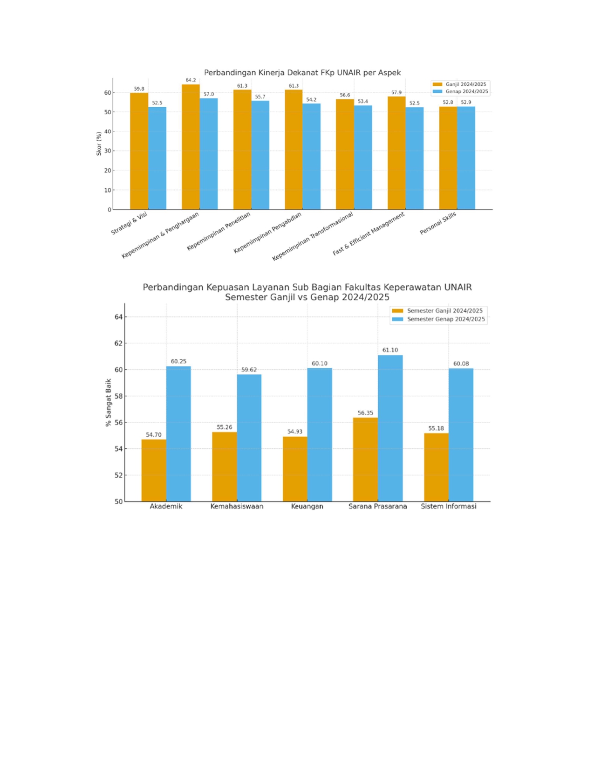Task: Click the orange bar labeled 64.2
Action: point(191,147)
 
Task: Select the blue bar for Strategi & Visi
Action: point(157,158)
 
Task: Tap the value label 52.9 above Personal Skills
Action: point(465,103)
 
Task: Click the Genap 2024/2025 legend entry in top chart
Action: point(461,92)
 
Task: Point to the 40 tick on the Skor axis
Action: point(108,132)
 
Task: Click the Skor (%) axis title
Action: point(99,144)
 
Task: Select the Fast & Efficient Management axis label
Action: point(369,233)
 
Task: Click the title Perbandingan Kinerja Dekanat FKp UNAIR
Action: point(302,73)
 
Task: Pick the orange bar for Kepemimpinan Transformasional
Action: point(345,154)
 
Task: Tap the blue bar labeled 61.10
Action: point(390,428)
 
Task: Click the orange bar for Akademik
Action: point(154,470)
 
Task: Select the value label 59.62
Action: point(249,370)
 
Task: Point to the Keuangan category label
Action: point(307,506)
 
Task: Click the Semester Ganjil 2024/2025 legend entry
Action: point(438,311)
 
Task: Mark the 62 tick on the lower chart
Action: point(118,343)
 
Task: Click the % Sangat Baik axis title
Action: point(108,402)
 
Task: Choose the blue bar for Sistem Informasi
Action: point(461,435)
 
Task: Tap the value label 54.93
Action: point(294,432)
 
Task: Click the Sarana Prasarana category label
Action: point(377,506)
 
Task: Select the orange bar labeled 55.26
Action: point(224,467)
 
